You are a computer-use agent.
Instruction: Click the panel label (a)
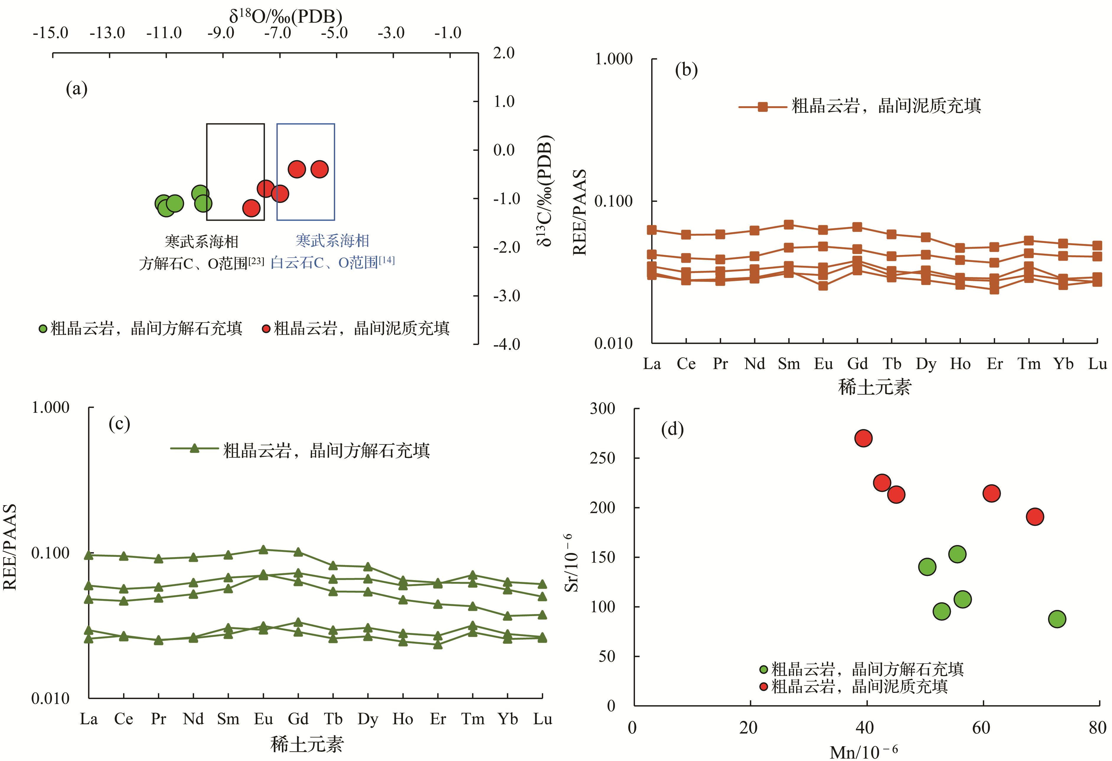(x=76, y=89)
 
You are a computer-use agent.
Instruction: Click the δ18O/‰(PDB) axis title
(x=286, y=17)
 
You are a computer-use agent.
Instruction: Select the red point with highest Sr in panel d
(x=863, y=438)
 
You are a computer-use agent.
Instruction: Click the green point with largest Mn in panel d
(x=1057, y=619)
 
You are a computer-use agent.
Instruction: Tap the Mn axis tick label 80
(x=1097, y=728)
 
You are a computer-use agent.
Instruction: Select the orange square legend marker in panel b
(x=763, y=107)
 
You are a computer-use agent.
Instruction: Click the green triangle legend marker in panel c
(x=194, y=448)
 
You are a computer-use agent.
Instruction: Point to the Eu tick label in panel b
(x=823, y=364)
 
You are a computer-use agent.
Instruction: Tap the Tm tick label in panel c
(x=473, y=719)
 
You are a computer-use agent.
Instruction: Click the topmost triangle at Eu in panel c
(x=263, y=550)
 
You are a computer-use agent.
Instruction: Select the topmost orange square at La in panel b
(x=652, y=230)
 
